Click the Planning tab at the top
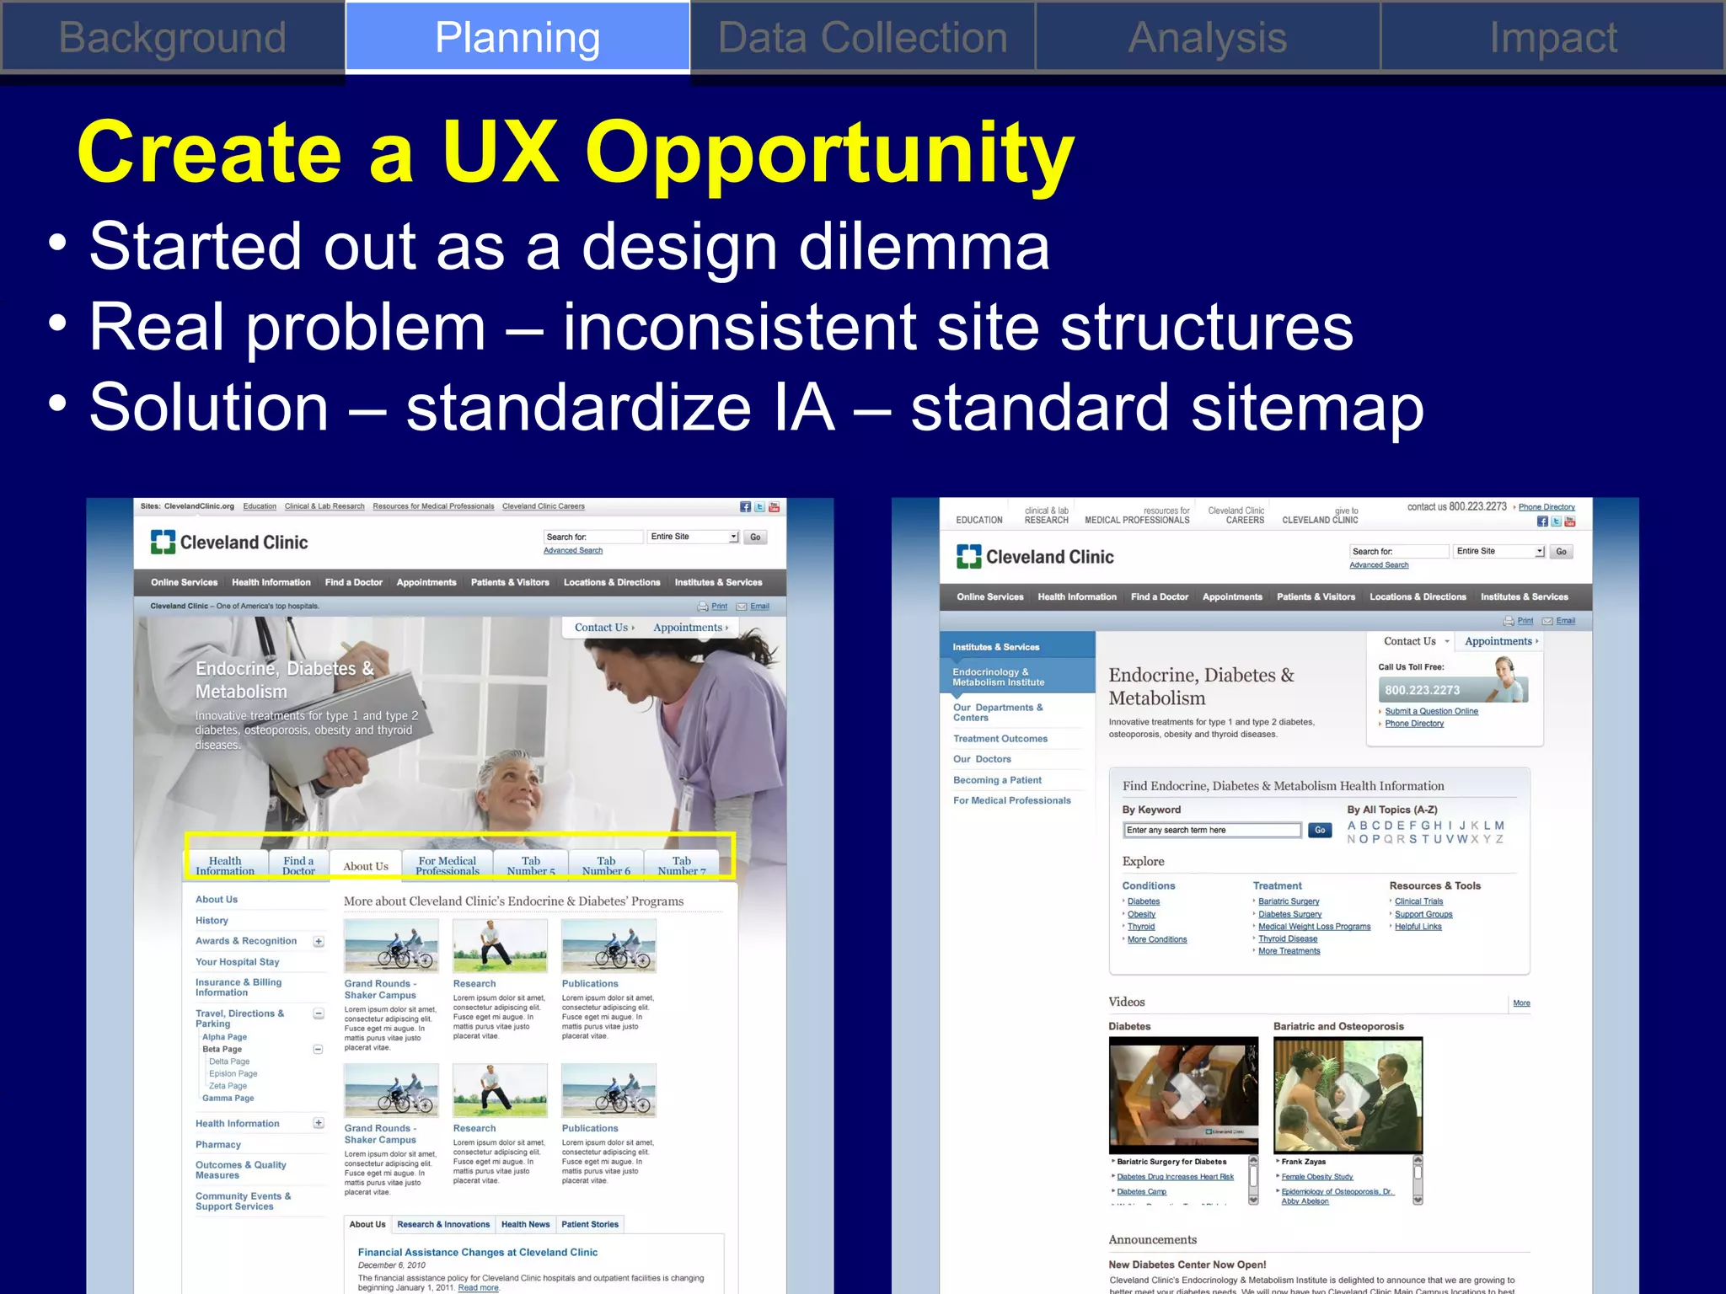(x=517, y=38)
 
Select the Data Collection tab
(x=862, y=38)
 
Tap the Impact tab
(x=1552, y=38)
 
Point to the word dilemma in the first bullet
(x=924, y=247)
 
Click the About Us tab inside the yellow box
(x=366, y=866)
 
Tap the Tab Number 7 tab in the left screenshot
(x=681, y=866)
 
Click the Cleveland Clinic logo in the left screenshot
(x=229, y=543)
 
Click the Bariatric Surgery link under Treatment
(x=1289, y=901)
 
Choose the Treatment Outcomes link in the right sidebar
(x=1000, y=739)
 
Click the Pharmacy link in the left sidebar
(x=218, y=1145)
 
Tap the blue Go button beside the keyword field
(x=1320, y=831)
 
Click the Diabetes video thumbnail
(x=1182, y=1094)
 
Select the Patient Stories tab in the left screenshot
(x=590, y=1225)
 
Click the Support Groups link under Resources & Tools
(x=1423, y=914)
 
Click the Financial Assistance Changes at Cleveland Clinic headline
(x=478, y=1253)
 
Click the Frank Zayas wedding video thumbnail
(x=1347, y=1094)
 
